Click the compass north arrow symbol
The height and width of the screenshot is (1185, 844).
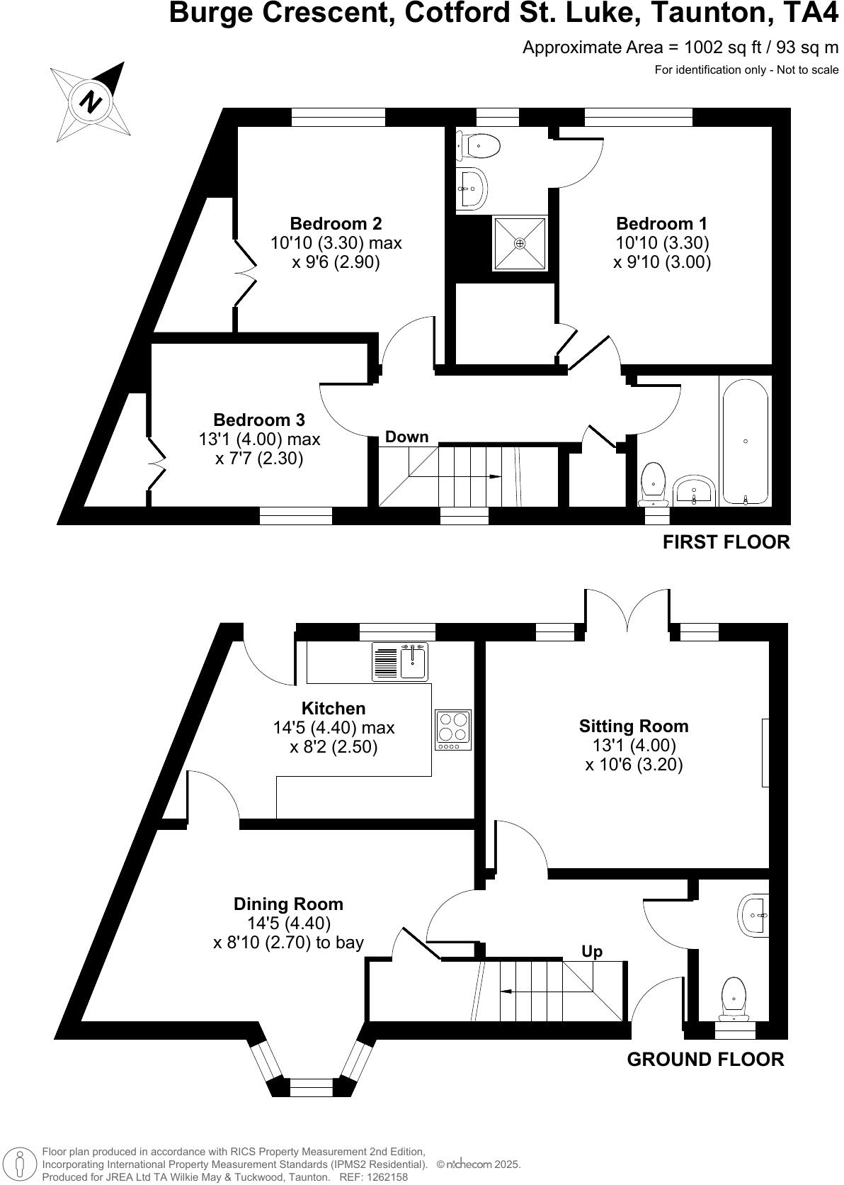click(90, 101)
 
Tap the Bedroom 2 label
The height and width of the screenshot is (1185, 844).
click(336, 223)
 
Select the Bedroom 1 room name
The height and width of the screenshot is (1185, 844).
click(661, 223)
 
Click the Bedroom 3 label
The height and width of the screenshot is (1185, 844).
click(259, 420)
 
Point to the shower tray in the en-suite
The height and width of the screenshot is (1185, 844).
click(520, 243)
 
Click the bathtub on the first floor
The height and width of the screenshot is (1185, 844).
click(745, 442)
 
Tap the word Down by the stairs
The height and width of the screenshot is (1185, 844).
click(406, 437)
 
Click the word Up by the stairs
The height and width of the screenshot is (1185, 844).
click(592, 951)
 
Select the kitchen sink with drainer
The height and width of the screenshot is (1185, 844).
click(401, 661)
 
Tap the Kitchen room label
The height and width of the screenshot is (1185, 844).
click(333, 708)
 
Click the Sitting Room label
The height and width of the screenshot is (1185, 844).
click(634, 726)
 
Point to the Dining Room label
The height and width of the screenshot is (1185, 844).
click(288, 904)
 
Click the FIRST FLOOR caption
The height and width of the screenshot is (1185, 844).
click(726, 542)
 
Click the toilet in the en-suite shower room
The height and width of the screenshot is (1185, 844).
click(480, 146)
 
